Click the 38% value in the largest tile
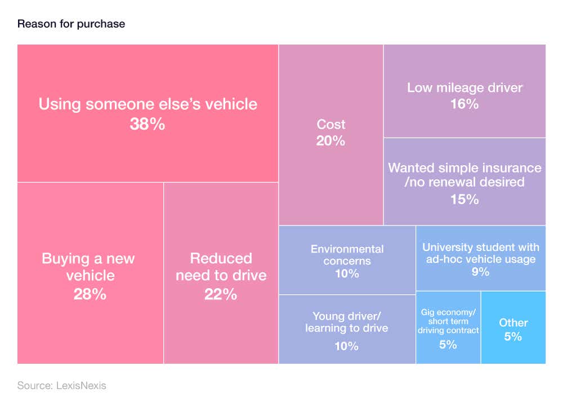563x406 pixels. coord(148,125)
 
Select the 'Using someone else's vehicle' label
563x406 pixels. coord(148,104)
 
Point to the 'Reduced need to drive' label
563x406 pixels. coord(221,267)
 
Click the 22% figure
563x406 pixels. coord(221,294)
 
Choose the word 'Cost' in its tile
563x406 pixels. coord(331,125)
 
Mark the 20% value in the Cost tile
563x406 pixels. coord(331,141)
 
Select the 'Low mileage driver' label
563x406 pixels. coord(464,88)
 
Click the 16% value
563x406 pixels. coord(464,104)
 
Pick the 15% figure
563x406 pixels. coord(464,199)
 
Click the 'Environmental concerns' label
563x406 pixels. coord(347,255)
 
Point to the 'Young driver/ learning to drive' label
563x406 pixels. coord(347,322)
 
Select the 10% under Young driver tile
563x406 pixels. coord(347,346)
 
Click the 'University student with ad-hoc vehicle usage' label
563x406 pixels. coord(480,253)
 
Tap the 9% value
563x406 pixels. coord(480,272)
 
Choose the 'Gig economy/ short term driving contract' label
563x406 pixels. coord(448,321)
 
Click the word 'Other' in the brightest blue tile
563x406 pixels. coord(513,323)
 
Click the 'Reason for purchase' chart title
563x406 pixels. coord(71,24)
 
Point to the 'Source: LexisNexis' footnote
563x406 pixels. coord(61,386)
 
